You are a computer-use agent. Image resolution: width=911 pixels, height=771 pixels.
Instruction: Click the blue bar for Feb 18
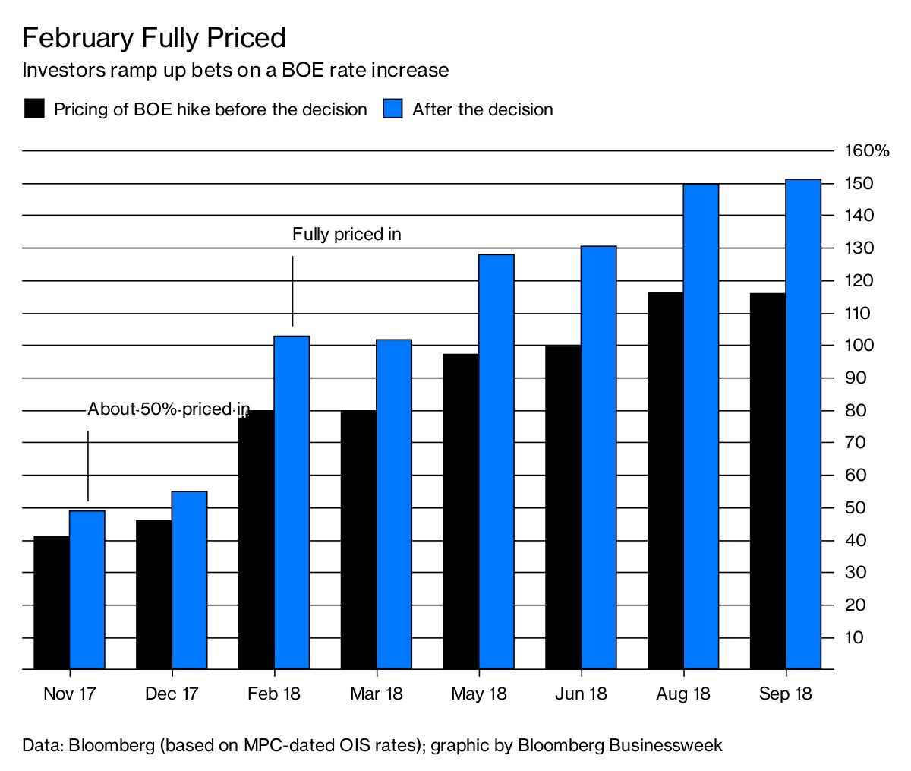(292, 501)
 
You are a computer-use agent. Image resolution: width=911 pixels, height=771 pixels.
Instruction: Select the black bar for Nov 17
(52, 602)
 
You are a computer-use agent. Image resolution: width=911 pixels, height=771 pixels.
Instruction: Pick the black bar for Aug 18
(665, 480)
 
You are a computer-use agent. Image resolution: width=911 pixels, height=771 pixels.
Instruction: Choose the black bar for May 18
(461, 511)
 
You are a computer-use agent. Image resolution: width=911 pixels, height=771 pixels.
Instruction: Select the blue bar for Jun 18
(598, 457)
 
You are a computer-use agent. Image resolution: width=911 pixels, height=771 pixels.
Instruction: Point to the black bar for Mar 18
(358, 539)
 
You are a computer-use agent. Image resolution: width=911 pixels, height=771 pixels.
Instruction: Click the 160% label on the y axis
(866, 151)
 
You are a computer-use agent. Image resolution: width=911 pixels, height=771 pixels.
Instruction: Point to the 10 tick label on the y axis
(856, 637)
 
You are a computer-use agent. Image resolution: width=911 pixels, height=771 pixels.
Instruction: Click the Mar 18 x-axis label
(377, 694)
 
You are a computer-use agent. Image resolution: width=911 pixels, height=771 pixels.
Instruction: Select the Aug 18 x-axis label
(683, 694)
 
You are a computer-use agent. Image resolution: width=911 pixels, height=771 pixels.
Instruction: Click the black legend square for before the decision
(35, 109)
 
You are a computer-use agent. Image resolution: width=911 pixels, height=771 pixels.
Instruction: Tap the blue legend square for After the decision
(392, 109)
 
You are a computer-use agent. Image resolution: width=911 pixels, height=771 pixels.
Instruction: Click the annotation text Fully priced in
(346, 235)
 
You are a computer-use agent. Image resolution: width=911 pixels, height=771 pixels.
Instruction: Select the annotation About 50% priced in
(169, 409)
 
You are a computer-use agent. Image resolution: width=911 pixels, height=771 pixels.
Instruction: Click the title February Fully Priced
(154, 38)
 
